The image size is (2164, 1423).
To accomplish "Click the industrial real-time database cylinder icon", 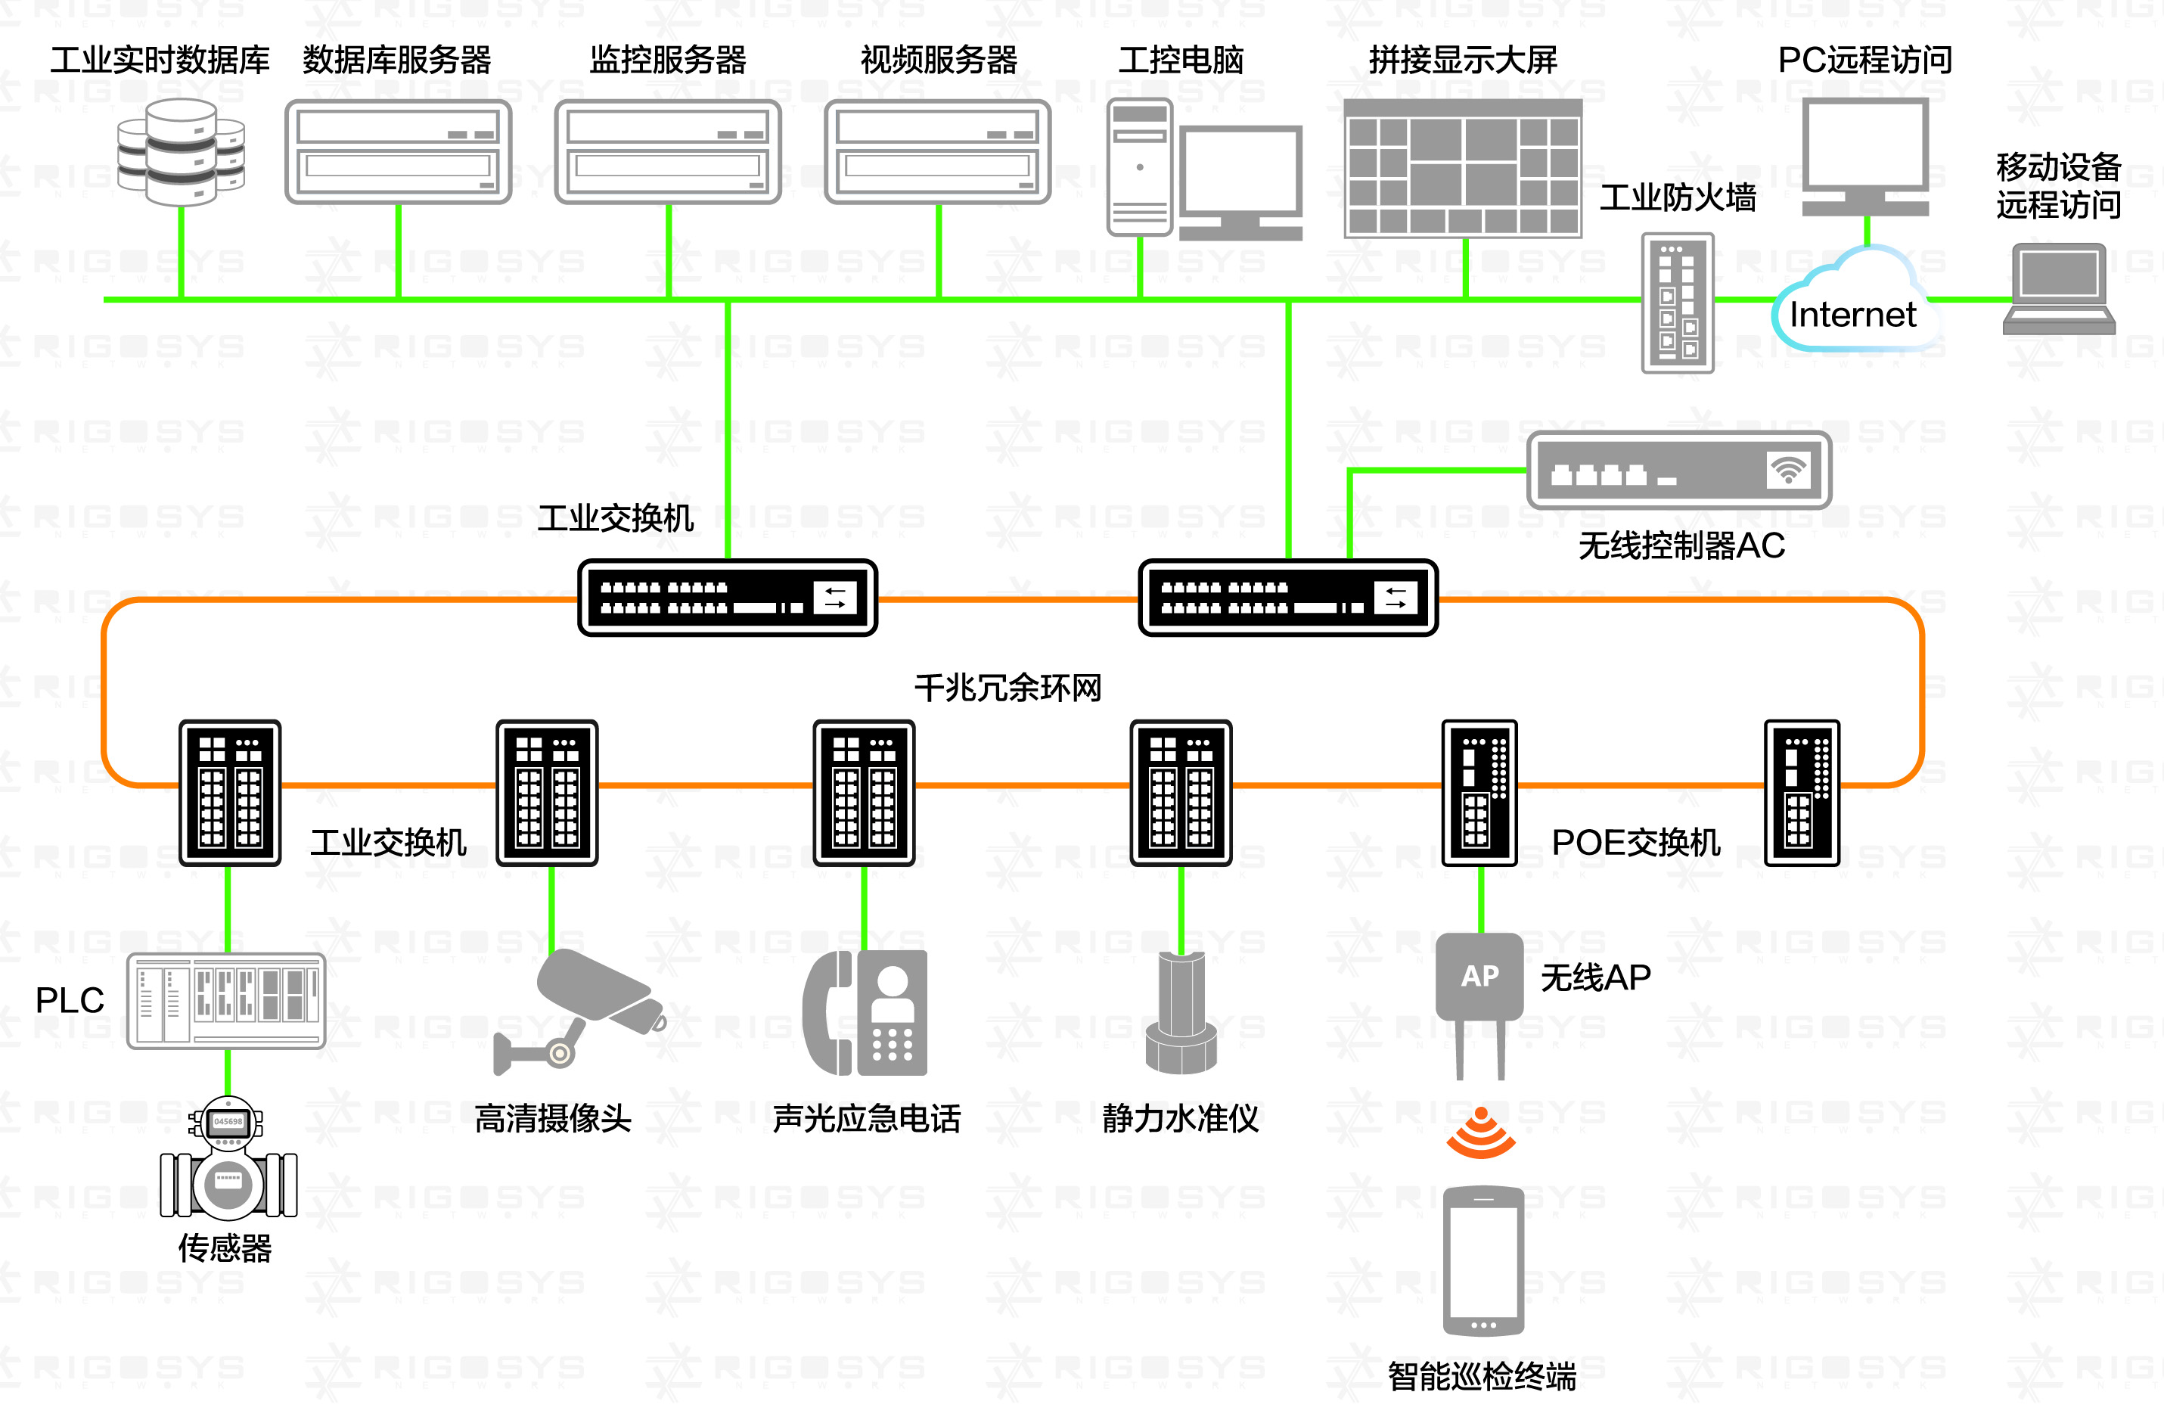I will [181, 152].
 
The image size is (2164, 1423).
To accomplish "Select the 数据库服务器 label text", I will [396, 60].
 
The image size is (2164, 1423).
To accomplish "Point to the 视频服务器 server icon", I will [937, 152].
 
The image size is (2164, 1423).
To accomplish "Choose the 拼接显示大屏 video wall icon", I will [1463, 168].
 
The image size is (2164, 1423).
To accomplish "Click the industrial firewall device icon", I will [1678, 303].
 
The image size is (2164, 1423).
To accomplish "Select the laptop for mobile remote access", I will [2060, 288].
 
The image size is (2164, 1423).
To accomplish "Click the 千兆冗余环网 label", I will [1007, 688].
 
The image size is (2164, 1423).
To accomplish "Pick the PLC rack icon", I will [226, 1000].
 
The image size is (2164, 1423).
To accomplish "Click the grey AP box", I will [1479, 976].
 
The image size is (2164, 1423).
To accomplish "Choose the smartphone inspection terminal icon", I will [1483, 1260].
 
